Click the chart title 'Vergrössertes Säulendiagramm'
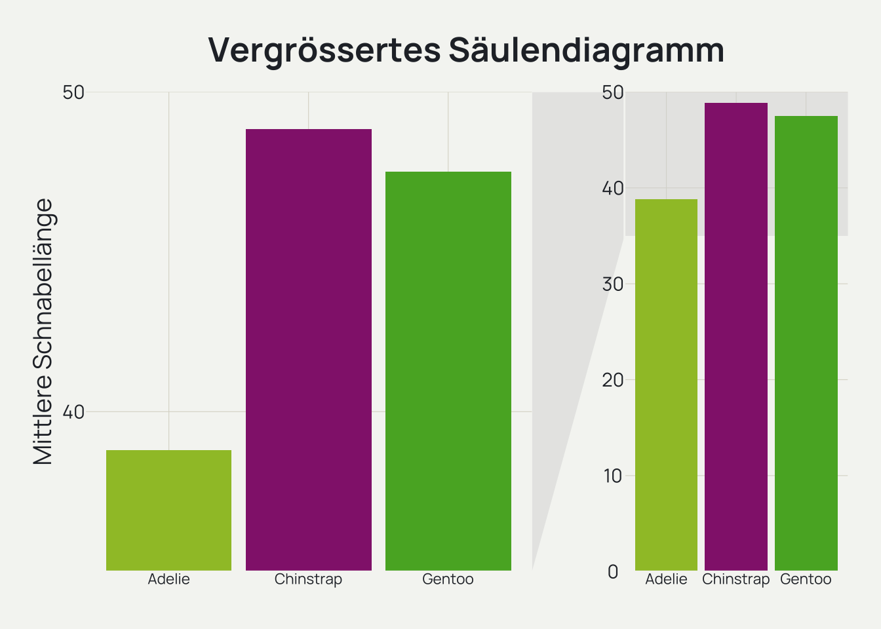466,50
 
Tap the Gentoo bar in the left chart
448,370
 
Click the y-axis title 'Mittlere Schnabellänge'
43,332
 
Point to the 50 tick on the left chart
73,92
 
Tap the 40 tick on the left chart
73,412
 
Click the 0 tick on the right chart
613,572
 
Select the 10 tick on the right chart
612,476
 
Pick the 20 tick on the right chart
612,380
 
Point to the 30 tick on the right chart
612,284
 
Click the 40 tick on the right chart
612,189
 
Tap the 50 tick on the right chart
612,92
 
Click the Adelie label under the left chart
168,579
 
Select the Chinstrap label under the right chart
735,579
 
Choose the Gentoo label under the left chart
448,579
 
